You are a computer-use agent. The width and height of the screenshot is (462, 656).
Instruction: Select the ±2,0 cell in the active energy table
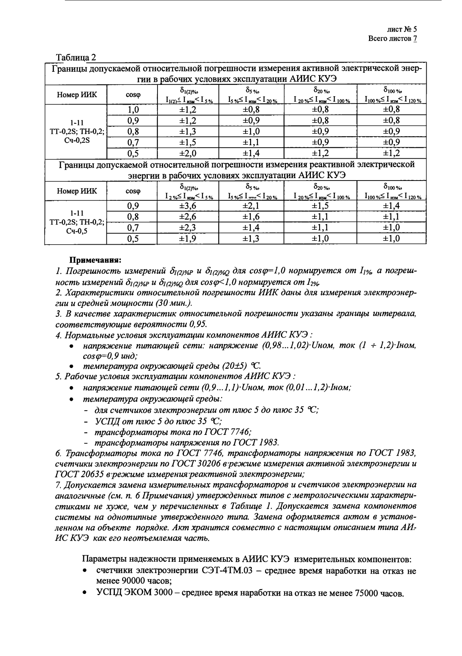coord(188,153)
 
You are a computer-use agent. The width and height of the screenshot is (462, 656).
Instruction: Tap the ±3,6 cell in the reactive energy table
coord(188,206)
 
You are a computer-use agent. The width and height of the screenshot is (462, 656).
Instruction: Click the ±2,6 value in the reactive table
coord(188,217)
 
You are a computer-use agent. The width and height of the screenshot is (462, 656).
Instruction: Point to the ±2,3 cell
coord(188,228)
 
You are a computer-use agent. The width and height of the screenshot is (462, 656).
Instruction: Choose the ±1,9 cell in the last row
coord(188,239)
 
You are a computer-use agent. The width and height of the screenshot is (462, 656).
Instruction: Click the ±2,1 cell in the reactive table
coord(251,206)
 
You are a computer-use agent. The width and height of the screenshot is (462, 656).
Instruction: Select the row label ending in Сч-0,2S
coord(76,131)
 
